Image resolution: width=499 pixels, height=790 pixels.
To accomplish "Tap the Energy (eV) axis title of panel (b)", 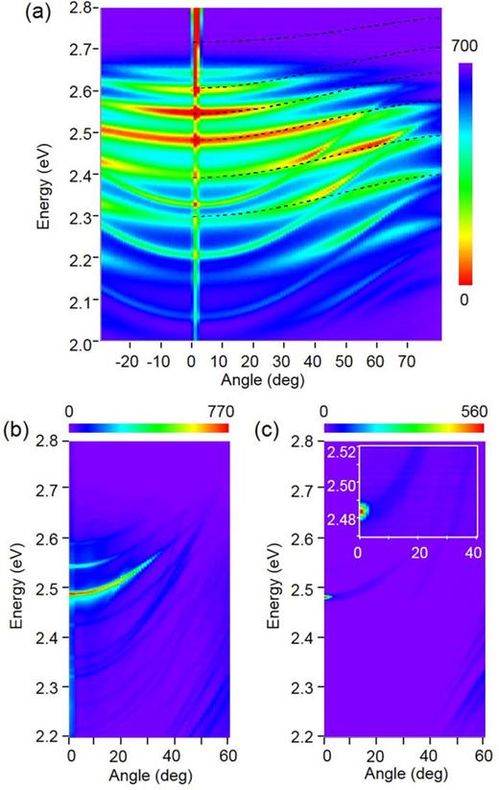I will (18, 585).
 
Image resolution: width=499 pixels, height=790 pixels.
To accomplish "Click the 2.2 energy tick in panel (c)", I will (305, 736).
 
